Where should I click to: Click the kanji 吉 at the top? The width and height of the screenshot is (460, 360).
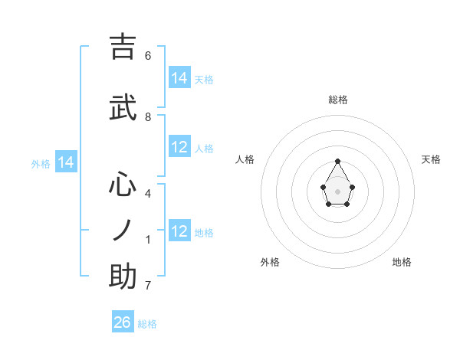point(123,47)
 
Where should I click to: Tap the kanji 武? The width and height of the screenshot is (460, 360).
point(123,108)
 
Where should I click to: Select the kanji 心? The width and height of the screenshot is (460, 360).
point(123,185)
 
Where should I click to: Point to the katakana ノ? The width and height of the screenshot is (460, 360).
point(123,230)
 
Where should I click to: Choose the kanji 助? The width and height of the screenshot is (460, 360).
point(123,277)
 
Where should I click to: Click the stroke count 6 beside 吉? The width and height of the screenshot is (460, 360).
point(148,56)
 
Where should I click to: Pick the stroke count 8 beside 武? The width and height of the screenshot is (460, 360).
point(148,117)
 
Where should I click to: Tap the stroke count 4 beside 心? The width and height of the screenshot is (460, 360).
point(148,194)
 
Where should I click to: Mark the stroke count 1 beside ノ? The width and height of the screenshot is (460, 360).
point(148,240)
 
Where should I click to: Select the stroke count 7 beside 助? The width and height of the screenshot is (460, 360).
point(148,286)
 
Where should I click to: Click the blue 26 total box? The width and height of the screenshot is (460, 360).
point(123,322)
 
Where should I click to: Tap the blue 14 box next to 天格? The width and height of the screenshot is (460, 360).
point(179,78)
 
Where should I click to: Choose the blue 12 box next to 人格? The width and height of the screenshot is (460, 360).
point(179,148)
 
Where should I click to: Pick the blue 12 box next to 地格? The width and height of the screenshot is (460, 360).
point(179,232)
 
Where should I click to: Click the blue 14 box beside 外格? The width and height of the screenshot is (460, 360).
point(66,162)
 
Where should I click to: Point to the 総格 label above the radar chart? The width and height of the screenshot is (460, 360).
point(338,100)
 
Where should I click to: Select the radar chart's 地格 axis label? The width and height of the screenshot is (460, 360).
point(402,262)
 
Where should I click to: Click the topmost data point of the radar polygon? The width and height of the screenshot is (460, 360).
point(338,161)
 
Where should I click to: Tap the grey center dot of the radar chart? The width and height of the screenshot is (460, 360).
point(338,191)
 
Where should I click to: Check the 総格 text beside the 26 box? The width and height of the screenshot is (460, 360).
point(147,324)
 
